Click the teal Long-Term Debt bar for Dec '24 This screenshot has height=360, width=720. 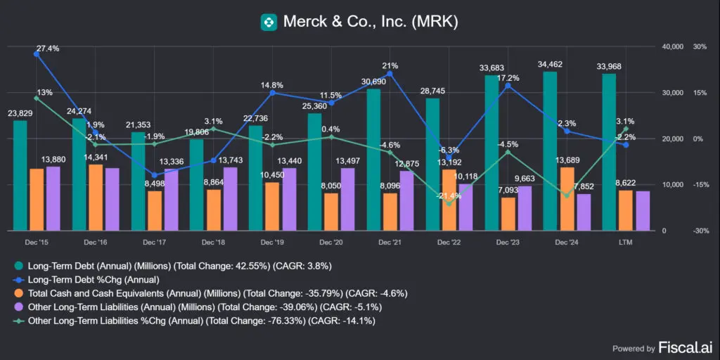tap(550, 151)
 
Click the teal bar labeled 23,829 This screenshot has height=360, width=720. tap(20, 176)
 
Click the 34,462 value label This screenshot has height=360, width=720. tap(550, 65)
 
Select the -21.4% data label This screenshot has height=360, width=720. tap(448, 195)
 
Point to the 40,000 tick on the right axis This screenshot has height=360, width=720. tap(673, 46)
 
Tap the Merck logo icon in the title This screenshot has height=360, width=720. tap(268, 22)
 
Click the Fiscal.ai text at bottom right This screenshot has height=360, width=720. tap(676, 347)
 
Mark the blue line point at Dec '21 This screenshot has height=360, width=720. tap(390, 74)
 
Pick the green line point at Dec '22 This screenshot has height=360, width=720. tap(449, 205)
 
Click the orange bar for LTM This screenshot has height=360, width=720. tap(626, 210)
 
